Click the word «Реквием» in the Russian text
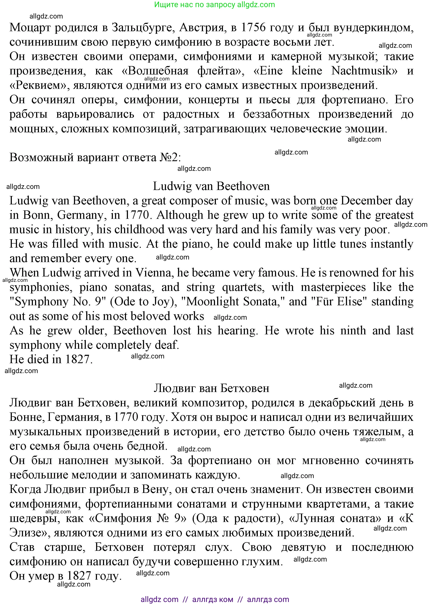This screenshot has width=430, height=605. (x=39, y=85)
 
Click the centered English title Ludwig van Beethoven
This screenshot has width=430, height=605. (x=211, y=186)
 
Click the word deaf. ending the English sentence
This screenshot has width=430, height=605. (x=168, y=345)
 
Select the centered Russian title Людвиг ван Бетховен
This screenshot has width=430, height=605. (x=211, y=388)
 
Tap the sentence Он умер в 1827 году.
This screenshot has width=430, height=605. (x=65, y=576)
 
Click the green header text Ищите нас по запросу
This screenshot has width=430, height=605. (x=195, y=5)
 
